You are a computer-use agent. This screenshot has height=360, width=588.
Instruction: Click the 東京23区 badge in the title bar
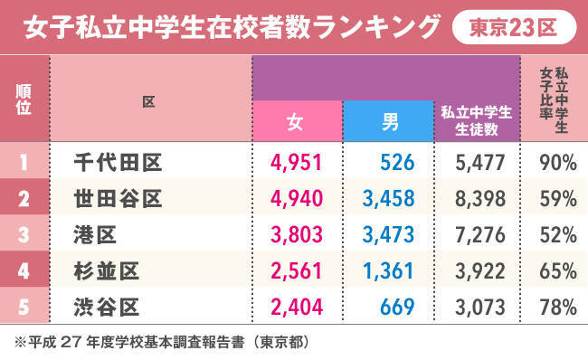(514, 27)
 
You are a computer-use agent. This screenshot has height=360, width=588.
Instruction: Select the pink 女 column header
(298, 121)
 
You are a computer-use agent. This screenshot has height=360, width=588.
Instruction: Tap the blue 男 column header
(388, 121)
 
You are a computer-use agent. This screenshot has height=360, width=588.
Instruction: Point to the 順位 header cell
(24, 99)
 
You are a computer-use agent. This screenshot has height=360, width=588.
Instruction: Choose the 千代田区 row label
(119, 163)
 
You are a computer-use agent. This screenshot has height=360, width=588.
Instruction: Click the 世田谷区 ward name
(119, 199)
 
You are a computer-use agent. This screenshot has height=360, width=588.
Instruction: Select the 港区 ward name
(95, 235)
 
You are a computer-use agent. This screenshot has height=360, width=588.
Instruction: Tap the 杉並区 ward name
(107, 271)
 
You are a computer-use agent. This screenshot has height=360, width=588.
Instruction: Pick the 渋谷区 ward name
(107, 308)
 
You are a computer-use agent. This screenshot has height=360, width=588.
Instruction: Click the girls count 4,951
(296, 163)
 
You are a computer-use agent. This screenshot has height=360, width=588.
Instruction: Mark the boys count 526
(397, 163)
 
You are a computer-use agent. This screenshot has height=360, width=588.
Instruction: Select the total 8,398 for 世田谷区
(480, 199)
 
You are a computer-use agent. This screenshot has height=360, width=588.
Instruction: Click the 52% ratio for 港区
(558, 235)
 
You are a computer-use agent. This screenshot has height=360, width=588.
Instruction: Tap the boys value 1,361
(388, 271)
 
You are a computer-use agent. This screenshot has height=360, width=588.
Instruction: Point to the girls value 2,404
(297, 308)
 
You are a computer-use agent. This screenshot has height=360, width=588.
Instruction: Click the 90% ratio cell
(558, 163)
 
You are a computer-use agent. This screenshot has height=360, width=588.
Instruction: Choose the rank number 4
(24, 271)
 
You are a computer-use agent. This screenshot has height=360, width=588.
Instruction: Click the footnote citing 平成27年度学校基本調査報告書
(162, 343)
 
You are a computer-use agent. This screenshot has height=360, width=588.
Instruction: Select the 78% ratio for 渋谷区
(558, 308)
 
